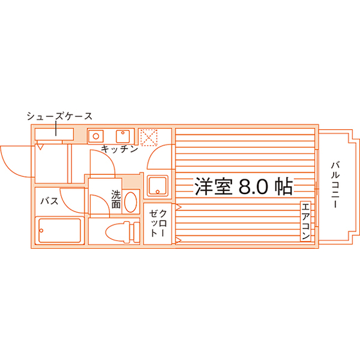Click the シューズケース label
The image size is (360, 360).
tap(59, 116)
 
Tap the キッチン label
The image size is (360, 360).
tap(120, 149)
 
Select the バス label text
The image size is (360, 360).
tap(50, 201)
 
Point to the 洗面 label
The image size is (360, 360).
tap(116, 199)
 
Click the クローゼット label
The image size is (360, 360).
tap(157, 223)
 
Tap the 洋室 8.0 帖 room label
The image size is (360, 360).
tap(244, 186)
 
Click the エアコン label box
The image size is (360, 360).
tap(305, 221)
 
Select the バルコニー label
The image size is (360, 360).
tap(335, 185)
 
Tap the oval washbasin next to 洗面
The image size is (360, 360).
tap(130, 202)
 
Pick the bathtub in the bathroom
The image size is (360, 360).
tap(60, 230)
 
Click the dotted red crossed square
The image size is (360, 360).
tap(148, 138)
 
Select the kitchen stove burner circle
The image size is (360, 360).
tap(96, 136)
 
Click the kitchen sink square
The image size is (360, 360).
tap(123, 136)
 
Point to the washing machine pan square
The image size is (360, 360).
tap(157, 186)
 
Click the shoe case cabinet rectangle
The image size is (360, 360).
tap(54, 134)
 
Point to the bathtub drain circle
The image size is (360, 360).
tap(41, 231)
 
